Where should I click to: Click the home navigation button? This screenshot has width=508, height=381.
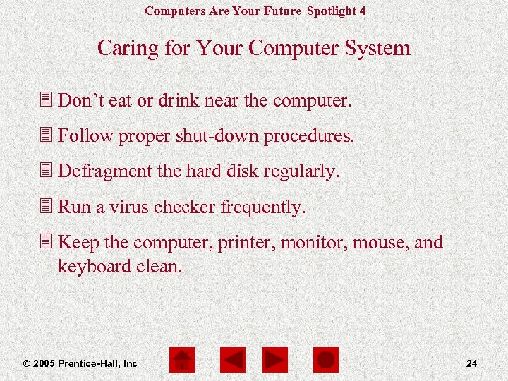182,360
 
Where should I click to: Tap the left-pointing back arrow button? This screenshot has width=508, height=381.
232,360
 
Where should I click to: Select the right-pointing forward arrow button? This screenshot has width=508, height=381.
275,360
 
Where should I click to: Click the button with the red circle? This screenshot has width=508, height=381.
326,360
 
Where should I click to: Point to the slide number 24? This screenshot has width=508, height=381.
472,363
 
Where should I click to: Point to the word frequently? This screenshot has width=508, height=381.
263,207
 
